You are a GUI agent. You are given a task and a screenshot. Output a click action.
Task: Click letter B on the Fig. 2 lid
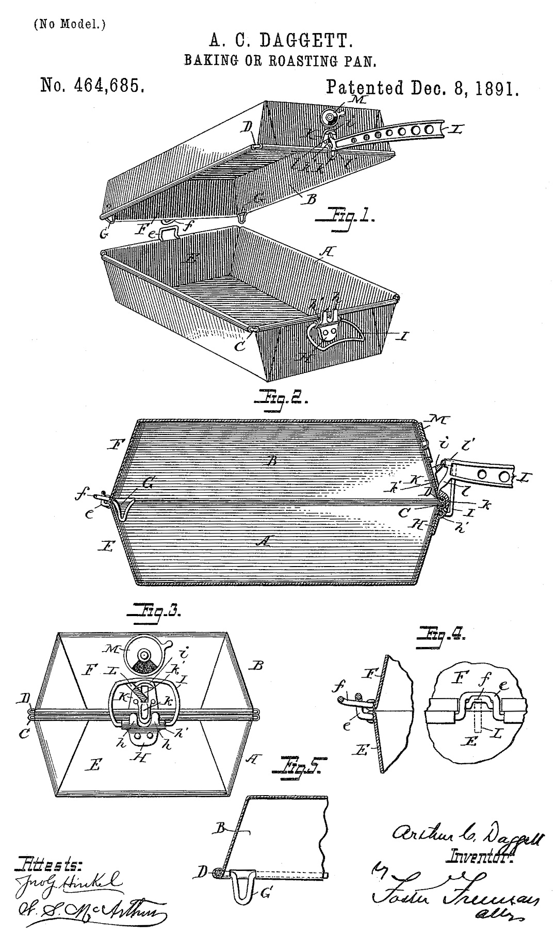(x=271, y=461)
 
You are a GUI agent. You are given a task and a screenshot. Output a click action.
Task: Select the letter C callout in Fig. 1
(x=241, y=346)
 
